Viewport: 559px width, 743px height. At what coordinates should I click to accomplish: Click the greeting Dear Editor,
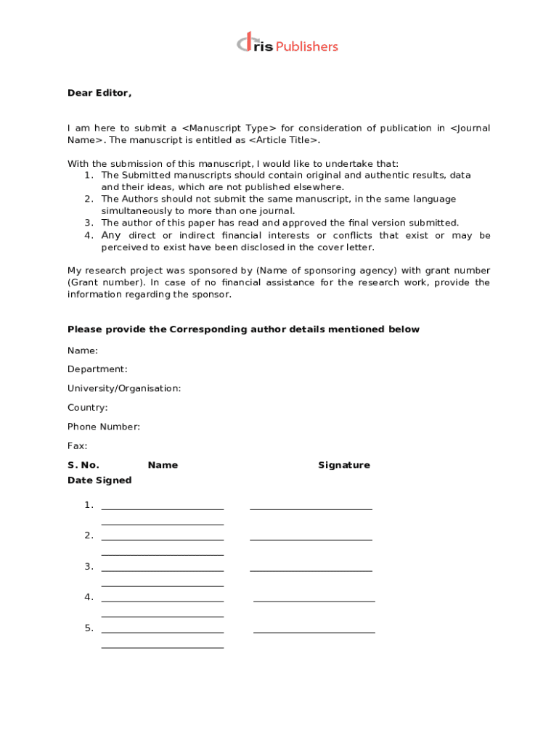[99, 93]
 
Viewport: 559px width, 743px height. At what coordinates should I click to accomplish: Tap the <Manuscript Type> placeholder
[229, 128]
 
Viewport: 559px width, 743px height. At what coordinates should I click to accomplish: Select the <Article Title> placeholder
[283, 140]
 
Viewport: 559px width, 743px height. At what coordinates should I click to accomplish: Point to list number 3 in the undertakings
[89, 223]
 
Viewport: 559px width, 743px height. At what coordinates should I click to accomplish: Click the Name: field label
[83, 350]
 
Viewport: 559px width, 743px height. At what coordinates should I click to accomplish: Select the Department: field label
[97, 369]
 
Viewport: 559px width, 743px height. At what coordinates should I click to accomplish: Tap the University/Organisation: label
[124, 388]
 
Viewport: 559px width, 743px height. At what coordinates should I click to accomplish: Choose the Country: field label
[88, 408]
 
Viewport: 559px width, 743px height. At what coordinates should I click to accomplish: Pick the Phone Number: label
[104, 427]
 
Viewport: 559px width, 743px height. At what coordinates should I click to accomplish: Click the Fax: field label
[78, 446]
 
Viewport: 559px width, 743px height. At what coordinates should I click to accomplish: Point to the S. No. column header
[83, 465]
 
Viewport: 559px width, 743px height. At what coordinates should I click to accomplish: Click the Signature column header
[343, 465]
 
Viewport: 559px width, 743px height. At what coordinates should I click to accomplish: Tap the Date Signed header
[99, 480]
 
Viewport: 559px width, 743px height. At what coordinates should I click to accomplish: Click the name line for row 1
[163, 509]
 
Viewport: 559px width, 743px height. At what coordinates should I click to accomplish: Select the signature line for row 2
[311, 539]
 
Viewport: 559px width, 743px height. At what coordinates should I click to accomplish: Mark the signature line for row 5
[314, 632]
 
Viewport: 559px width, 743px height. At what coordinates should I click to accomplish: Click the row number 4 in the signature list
[89, 597]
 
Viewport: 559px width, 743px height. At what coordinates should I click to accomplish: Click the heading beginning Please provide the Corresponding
[243, 329]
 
